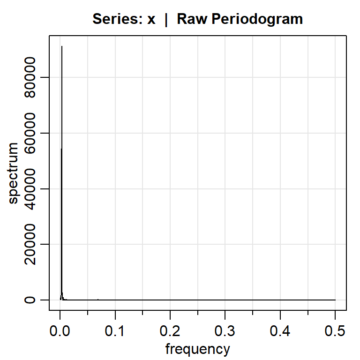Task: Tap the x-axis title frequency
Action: (198, 349)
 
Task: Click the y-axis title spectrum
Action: (14, 173)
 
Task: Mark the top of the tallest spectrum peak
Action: (62, 46)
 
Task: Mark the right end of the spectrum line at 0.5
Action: (335, 300)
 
